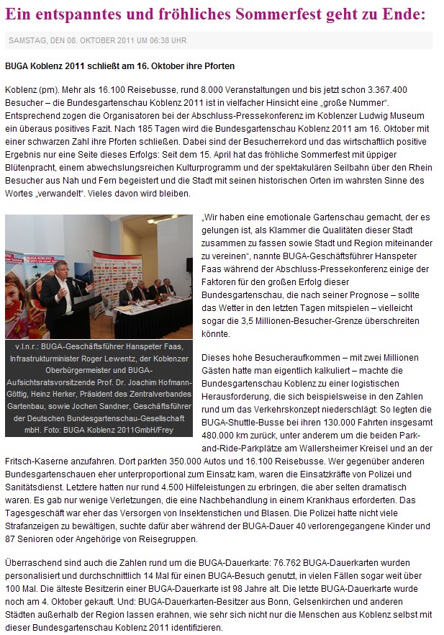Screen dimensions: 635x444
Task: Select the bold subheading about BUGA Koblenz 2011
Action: coord(119,66)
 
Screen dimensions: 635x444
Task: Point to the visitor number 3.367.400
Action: coord(382,90)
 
